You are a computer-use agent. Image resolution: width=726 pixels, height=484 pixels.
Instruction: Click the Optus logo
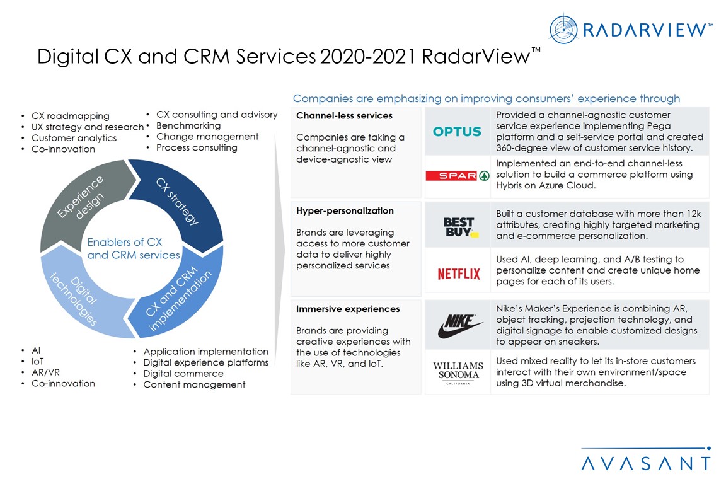coord(457,132)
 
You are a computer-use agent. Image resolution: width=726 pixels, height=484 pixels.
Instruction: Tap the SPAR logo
coord(457,176)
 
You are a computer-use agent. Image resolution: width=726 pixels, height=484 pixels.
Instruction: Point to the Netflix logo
coord(458,274)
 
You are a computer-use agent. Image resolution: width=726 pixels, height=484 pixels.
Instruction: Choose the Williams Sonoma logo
coord(458,372)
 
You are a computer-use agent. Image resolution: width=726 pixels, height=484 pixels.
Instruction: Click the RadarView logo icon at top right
coord(563,29)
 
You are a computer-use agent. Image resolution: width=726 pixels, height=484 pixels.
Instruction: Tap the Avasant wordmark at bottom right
coord(645,464)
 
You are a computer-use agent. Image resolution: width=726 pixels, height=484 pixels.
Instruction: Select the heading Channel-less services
coord(344,116)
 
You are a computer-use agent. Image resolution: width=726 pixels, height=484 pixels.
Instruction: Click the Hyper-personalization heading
coord(345,211)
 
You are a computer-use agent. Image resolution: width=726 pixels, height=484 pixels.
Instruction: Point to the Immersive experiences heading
coord(348,309)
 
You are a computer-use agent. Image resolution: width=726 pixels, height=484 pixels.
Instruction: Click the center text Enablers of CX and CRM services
coord(133,249)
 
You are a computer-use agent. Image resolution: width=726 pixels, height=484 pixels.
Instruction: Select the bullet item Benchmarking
coord(188,125)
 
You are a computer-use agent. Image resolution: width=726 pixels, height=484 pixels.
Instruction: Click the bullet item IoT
coord(37,361)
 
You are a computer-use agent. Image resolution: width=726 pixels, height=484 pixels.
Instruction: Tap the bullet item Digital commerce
coord(183,373)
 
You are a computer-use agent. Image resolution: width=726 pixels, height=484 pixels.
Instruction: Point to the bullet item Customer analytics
coord(74,138)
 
